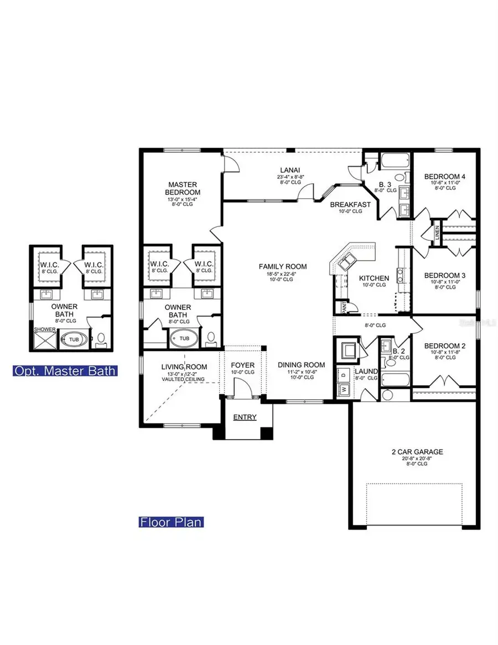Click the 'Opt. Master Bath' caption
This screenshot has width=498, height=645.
[x=65, y=370]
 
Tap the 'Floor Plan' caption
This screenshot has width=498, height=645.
[x=171, y=522]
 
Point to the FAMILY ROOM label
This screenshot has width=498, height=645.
[x=282, y=266]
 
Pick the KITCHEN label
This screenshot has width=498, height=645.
[x=374, y=278]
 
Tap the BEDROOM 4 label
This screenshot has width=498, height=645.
[x=445, y=177]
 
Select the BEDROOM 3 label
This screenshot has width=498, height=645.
[x=445, y=275]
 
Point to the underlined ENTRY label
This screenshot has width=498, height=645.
[x=245, y=417]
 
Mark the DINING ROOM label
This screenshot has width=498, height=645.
[x=302, y=365]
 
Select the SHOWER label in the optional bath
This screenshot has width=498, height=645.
[x=42, y=329]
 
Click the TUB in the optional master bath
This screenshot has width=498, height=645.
[x=74, y=338]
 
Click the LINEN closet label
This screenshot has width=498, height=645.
[x=437, y=230]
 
